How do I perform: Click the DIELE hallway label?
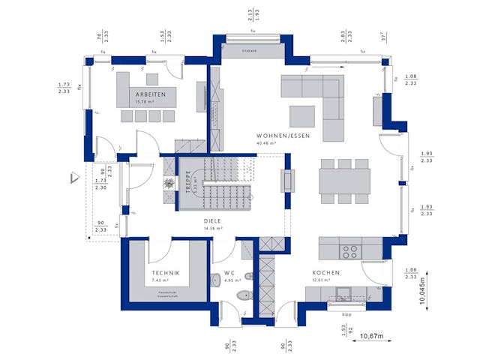214,221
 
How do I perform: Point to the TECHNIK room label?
165,272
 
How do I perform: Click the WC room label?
230,273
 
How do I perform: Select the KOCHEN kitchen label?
327,273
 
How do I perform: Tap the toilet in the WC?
242,296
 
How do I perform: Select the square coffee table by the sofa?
304,115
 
